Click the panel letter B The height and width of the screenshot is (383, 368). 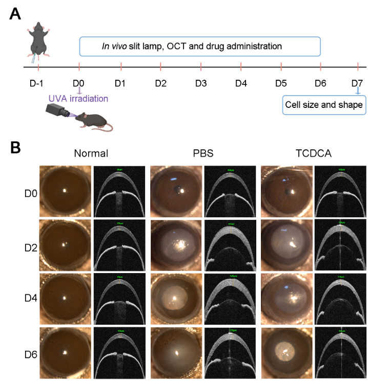pyautogui.click(x=15, y=148)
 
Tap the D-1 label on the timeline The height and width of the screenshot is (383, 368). pyautogui.click(x=38, y=83)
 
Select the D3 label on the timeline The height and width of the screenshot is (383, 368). pyautogui.click(x=201, y=83)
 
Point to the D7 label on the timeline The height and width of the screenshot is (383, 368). pyautogui.click(x=357, y=83)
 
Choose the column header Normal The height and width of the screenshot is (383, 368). pyautogui.click(x=91, y=153)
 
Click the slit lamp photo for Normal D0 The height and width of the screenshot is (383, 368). pyautogui.click(x=65, y=192)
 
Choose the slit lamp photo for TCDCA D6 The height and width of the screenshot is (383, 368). pyautogui.click(x=286, y=352)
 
